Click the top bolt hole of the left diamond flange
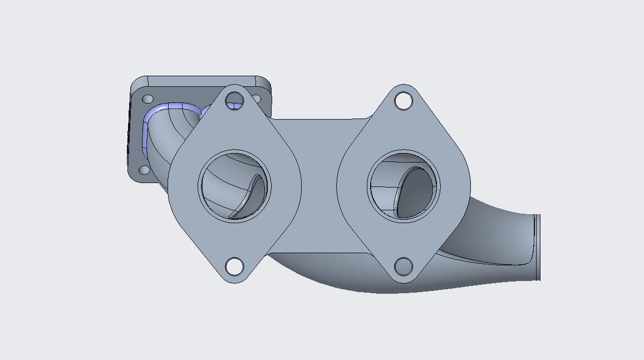click(x=235, y=101)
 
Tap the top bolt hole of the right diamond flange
click(x=404, y=101)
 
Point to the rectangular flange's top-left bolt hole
click(x=148, y=99)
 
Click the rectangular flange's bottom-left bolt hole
click(x=144, y=170)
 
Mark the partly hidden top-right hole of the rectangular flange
click(x=256, y=98)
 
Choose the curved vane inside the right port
click(x=415, y=192)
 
